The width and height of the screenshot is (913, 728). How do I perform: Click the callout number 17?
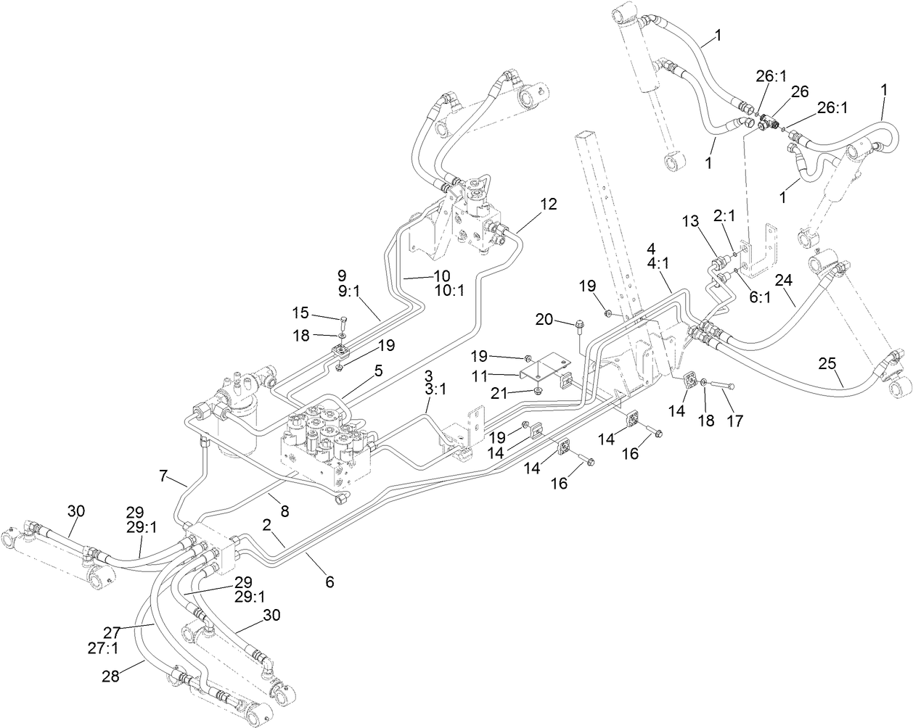pyautogui.click(x=735, y=420)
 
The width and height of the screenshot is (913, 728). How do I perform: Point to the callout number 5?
pyautogui.click(x=377, y=369)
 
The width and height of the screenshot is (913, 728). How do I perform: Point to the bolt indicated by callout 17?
pyautogui.click(x=723, y=386)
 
